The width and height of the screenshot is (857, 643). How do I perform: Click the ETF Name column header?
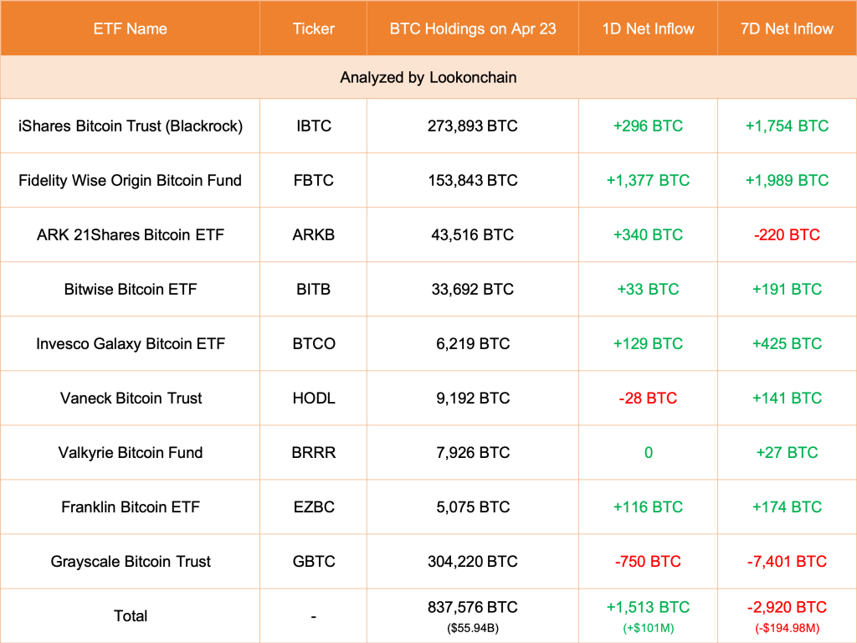[x=130, y=28]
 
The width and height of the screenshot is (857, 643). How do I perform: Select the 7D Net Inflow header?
[x=787, y=28]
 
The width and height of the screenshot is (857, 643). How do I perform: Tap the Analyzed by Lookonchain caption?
[x=428, y=77]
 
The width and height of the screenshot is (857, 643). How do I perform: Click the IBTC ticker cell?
[x=313, y=126]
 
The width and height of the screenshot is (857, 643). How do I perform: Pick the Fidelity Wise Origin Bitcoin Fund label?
[x=130, y=180]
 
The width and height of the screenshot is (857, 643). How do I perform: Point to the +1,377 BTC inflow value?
[x=648, y=180]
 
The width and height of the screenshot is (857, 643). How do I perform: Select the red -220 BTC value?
[x=787, y=234]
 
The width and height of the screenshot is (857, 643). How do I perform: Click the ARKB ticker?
[x=313, y=234]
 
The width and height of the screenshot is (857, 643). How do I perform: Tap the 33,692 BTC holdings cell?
[x=472, y=289]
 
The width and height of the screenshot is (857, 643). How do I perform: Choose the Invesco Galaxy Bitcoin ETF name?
[x=130, y=343]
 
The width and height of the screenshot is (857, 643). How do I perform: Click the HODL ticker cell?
[x=313, y=398]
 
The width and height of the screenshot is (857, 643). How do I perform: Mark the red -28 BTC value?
[x=648, y=398]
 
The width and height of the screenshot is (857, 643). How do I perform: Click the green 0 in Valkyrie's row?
[x=648, y=452]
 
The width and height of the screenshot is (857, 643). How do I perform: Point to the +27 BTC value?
[x=787, y=452]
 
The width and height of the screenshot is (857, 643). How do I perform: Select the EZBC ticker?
[x=313, y=507]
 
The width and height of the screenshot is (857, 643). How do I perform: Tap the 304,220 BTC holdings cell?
[x=472, y=561]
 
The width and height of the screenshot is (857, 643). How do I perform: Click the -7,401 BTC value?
[x=787, y=561]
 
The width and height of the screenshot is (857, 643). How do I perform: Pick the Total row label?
[x=130, y=615]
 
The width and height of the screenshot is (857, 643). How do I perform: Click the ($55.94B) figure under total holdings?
[x=472, y=625]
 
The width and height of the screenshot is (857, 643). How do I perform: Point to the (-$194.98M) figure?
[x=787, y=625]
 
